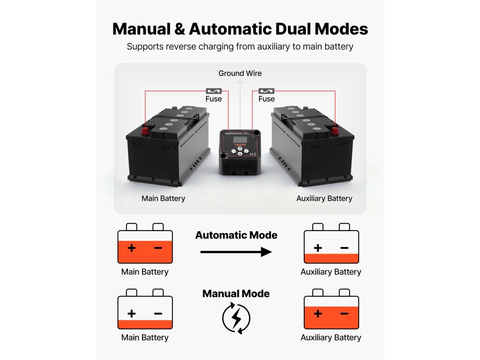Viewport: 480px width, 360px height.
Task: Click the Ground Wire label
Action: tap(240, 73)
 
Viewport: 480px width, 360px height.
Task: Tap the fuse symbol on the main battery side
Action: tap(213, 90)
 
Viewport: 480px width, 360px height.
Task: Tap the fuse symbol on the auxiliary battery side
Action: tap(266, 90)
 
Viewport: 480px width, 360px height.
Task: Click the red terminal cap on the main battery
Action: tap(145, 129)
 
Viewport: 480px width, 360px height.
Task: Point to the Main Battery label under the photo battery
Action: tap(163, 198)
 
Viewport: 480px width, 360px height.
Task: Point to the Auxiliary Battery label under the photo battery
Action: tap(324, 198)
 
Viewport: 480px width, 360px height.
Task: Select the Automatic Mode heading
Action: tap(236, 235)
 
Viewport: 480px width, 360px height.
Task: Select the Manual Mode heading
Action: tap(236, 294)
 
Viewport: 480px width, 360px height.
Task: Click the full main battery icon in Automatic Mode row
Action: tap(145, 243)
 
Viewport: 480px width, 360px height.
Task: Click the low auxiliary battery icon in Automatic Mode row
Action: tap(331, 243)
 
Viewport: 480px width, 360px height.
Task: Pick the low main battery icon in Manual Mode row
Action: tap(145, 309)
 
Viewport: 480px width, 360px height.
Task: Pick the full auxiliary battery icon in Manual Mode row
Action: tap(331, 309)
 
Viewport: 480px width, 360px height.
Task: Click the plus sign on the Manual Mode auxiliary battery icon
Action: tap(318, 314)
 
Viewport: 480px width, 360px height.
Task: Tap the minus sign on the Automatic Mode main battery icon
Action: tap(158, 247)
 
